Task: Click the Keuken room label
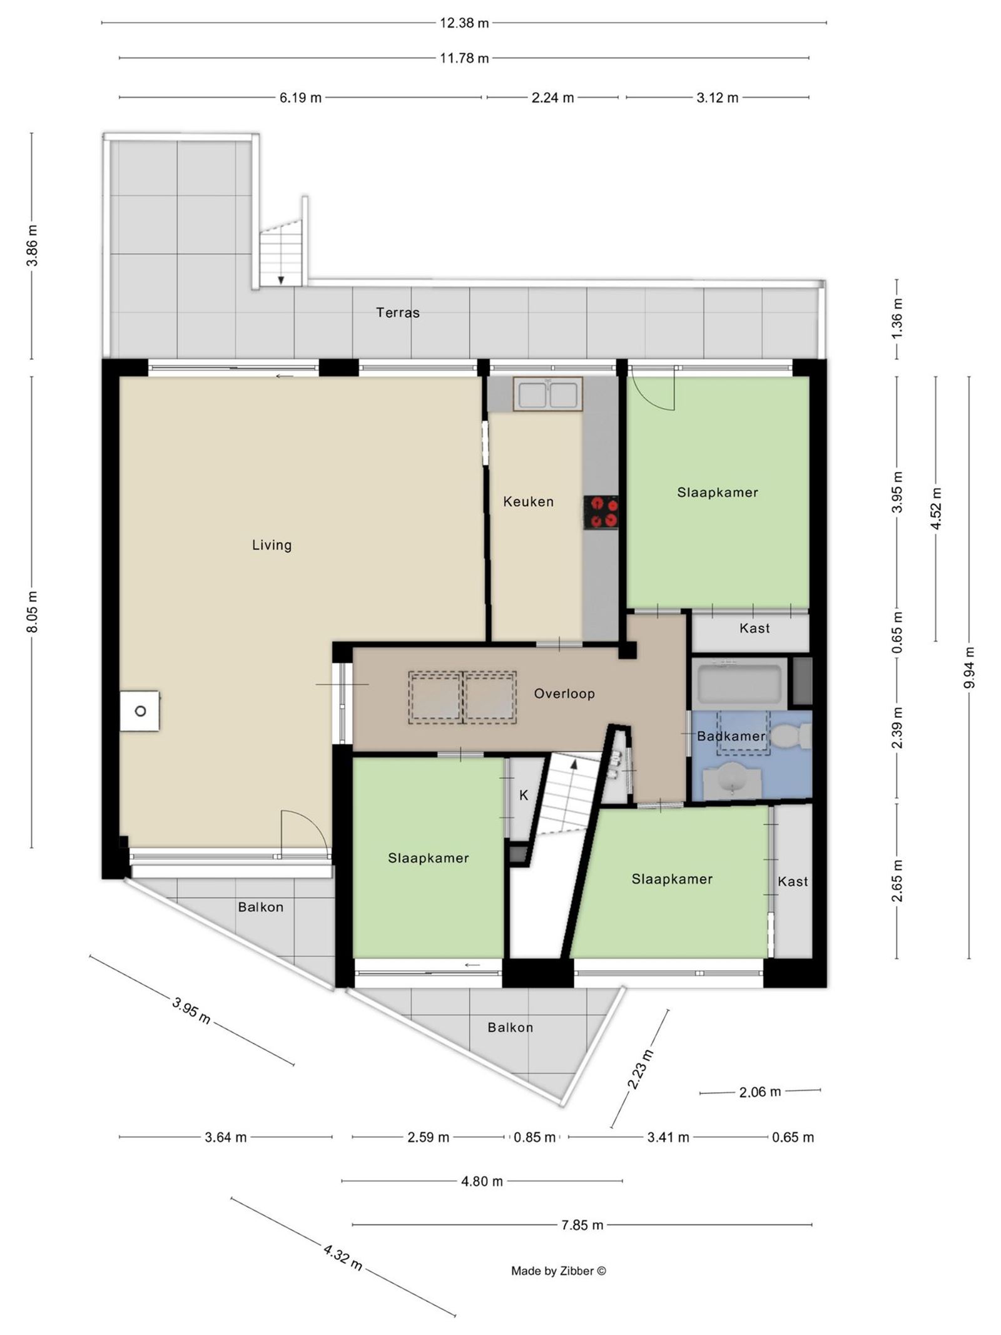(528, 501)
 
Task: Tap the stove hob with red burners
(601, 513)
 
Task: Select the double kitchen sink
(547, 394)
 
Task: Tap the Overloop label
(564, 693)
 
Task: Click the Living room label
(272, 545)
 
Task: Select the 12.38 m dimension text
(464, 23)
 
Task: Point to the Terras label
(397, 312)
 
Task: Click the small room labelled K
(524, 795)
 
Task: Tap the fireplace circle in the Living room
(140, 711)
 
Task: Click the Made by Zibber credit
(558, 1271)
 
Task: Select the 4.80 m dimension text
(482, 1181)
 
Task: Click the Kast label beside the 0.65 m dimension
(754, 628)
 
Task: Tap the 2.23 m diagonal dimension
(641, 1070)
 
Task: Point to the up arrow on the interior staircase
(574, 764)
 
